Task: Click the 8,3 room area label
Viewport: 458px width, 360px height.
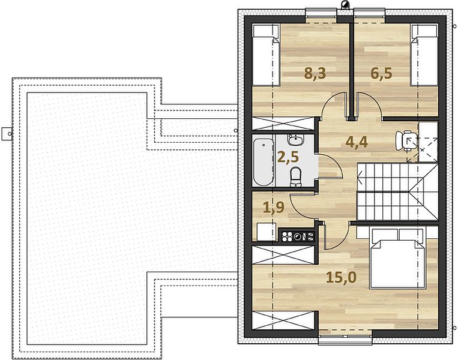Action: (x=315, y=73)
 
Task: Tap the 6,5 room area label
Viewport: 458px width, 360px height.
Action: (x=381, y=73)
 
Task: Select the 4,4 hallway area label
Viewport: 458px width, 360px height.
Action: (x=356, y=142)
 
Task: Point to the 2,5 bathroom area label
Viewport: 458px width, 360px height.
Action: (x=288, y=157)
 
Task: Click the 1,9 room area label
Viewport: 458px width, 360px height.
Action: (x=273, y=208)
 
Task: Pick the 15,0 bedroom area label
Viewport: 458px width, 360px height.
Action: (x=341, y=277)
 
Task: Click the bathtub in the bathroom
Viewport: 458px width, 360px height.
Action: (x=263, y=162)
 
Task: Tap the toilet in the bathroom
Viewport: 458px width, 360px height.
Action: (x=295, y=176)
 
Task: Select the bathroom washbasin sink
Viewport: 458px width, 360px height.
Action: (x=295, y=140)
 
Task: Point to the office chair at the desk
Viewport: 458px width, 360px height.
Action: (x=403, y=141)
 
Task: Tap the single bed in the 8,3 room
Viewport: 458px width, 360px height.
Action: (x=267, y=55)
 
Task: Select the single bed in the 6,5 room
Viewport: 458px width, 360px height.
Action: (x=424, y=55)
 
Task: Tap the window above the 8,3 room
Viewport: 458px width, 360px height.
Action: (x=321, y=14)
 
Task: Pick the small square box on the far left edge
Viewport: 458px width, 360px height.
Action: (x=6, y=134)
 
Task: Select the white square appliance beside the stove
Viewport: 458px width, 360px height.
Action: (x=267, y=232)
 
